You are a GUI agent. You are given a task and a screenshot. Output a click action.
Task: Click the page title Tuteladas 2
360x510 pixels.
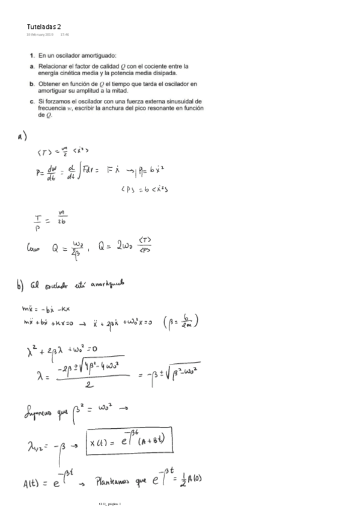point(44,26)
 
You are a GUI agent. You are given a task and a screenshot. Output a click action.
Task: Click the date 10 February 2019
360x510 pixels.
point(40,35)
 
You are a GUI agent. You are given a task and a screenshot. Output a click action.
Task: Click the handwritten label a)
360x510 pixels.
point(23,137)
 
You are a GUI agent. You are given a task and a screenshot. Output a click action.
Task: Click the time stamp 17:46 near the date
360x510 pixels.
point(64,35)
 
